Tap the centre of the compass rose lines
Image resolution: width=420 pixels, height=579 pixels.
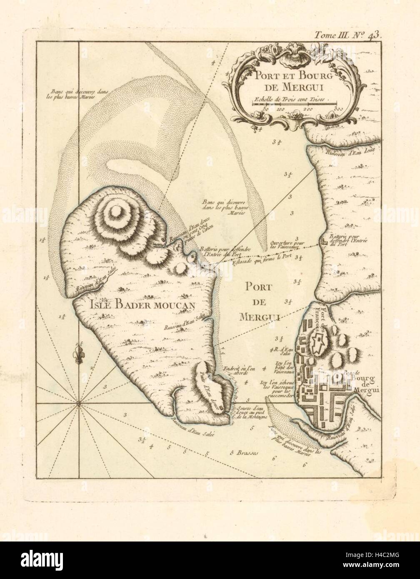[x=78, y=404]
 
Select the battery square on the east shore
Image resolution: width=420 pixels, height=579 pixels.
[x=324, y=242]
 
